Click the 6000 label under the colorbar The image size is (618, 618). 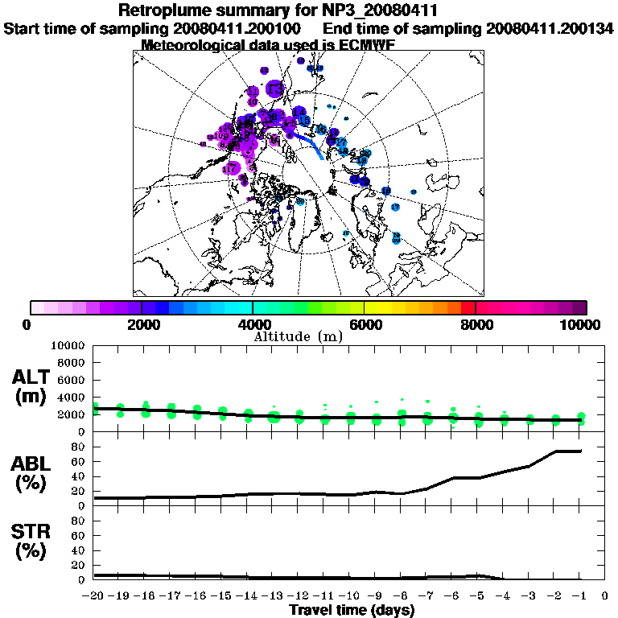tap(364, 325)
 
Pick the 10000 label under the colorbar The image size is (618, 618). tap(580, 325)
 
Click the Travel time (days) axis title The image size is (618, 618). tap(352, 610)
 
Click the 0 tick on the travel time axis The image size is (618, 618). tap(605, 596)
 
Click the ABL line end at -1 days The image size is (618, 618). tap(580, 451)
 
